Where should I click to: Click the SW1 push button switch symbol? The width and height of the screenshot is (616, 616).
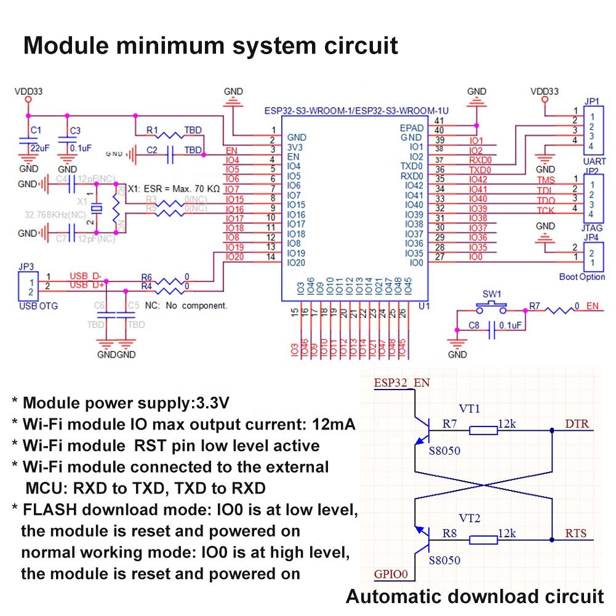492,306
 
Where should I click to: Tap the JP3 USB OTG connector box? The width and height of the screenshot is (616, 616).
26,288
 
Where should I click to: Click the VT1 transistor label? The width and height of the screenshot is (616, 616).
470,409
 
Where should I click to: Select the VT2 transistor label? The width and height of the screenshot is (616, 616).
470,519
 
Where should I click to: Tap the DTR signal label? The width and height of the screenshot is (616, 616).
575,423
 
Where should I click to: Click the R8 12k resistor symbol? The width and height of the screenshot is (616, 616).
483,540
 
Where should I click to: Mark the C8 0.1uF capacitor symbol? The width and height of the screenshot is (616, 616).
492,332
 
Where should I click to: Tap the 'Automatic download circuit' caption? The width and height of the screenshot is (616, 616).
474,596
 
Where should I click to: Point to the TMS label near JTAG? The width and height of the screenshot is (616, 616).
545,180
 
